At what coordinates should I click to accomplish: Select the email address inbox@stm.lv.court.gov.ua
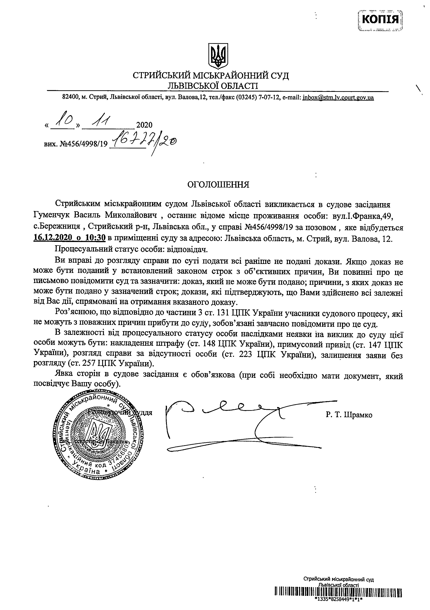[x=338, y=98]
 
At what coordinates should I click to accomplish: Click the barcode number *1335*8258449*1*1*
[x=338, y=606]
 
